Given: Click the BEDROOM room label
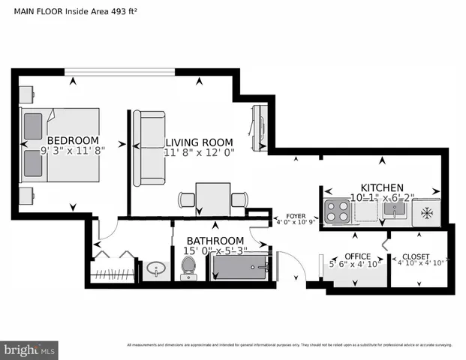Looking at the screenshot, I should [73, 140].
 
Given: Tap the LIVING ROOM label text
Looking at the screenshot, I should [199, 142].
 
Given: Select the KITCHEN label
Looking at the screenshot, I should [382, 187].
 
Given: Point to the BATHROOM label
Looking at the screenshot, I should [217, 240].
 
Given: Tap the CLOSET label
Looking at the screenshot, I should [415, 256].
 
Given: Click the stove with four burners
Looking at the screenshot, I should [338, 211].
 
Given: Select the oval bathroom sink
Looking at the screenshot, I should [157, 268].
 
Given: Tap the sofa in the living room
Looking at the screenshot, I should [149, 148].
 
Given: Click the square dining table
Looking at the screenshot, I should [213, 199].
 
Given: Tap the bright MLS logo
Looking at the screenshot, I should [29, 349].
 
